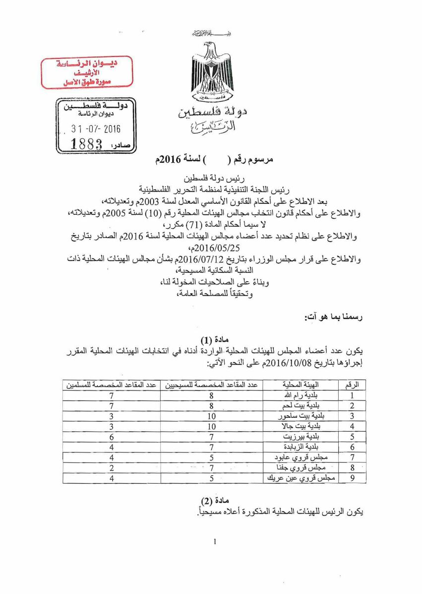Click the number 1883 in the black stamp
[86, 144]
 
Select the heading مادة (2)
[214, 500]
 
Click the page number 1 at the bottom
[215, 541]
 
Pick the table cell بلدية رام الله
[301, 396]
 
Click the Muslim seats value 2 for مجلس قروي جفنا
[112, 467]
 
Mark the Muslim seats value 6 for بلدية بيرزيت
[112, 437]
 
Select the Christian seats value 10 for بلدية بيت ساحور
[211, 416]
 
